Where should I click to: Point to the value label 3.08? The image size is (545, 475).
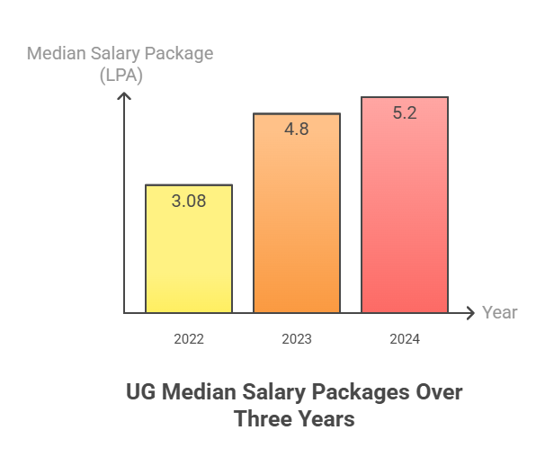point(189,201)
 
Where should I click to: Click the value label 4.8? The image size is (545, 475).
point(297,129)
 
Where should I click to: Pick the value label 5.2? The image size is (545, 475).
point(405,113)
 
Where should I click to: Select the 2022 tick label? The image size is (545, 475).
point(189,339)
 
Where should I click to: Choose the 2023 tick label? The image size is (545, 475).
point(297,339)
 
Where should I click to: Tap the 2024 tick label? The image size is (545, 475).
point(405,339)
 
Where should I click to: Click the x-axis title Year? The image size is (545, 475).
point(499,313)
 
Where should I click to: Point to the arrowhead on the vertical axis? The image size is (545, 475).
point(125,94)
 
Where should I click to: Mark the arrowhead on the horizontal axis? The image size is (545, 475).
point(469,313)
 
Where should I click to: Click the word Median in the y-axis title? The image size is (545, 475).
point(57,53)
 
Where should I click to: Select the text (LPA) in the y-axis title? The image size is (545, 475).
point(121,76)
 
